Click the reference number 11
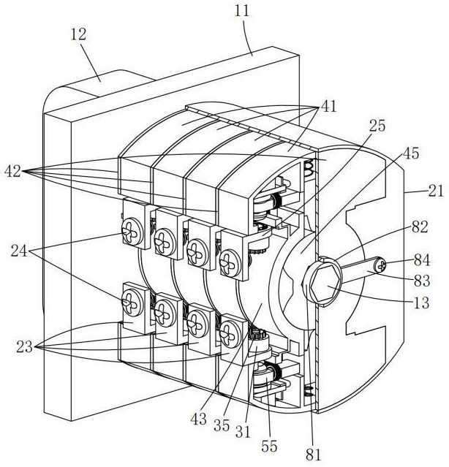(x=241, y=11)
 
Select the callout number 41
(x=329, y=106)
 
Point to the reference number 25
(x=377, y=126)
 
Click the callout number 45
(x=411, y=153)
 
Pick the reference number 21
(x=436, y=191)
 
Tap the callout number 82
(x=420, y=227)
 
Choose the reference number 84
(x=422, y=260)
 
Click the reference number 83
(x=422, y=281)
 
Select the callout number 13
(x=422, y=303)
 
